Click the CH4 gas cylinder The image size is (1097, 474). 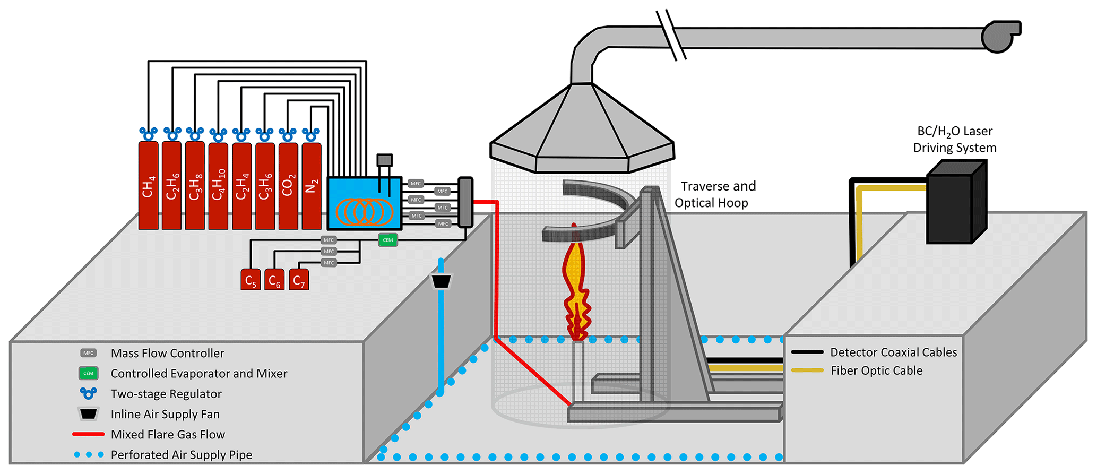148,186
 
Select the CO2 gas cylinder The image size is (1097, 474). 288,186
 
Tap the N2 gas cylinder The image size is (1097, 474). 311,186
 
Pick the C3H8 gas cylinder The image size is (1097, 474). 195,186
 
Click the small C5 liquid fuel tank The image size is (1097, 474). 251,280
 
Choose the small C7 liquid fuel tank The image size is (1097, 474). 299,280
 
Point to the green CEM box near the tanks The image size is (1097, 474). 388,240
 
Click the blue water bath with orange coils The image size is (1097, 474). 364,204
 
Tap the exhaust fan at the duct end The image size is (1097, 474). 999,36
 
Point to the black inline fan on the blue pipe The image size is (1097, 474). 441,281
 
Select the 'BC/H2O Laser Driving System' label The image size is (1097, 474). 955,139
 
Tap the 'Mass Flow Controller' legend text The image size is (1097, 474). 167,353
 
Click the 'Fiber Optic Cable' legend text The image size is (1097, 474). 876,370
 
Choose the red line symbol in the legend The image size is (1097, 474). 88,434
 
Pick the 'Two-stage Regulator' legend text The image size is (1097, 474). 166,394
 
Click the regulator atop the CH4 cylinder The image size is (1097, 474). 148,133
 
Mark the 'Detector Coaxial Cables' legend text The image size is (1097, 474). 893,352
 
